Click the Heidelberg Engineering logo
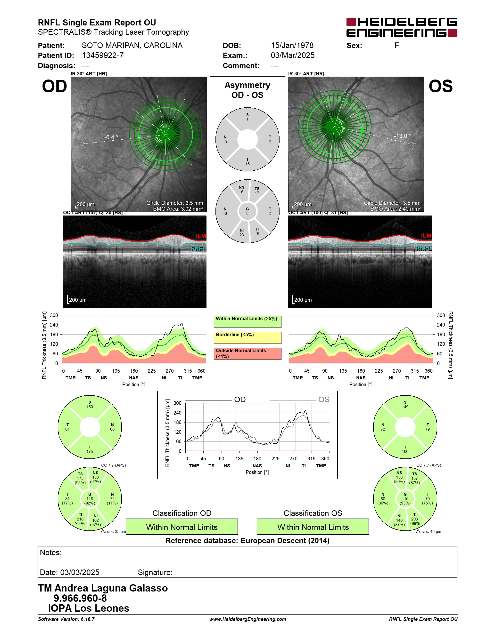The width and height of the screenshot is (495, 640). pyautogui.click(x=402, y=27)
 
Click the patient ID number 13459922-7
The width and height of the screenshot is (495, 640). pyautogui.click(x=103, y=55)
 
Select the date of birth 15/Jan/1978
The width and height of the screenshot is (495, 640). pyautogui.click(x=292, y=45)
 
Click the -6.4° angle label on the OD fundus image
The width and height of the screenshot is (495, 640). pyautogui.click(x=111, y=137)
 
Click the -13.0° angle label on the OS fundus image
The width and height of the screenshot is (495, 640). pyautogui.click(x=402, y=136)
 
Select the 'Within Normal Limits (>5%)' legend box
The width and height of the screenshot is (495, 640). pyautogui.click(x=247, y=321)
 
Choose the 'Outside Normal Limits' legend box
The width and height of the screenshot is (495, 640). pyautogui.click(x=247, y=353)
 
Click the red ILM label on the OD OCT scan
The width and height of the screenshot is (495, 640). pyautogui.click(x=201, y=236)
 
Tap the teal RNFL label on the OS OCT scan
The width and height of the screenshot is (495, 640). pyautogui.click(x=423, y=248)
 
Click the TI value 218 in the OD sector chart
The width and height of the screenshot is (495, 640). pyautogui.click(x=80, y=519)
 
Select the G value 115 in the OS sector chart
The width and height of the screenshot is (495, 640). pyautogui.click(x=405, y=499)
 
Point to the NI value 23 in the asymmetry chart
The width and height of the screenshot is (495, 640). pyautogui.click(x=241, y=235)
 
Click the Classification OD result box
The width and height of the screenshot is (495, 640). pyautogui.click(x=182, y=527)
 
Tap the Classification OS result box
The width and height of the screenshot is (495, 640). pyautogui.click(x=313, y=527)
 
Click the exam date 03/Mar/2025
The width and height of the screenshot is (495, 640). pyautogui.click(x=293, y=55)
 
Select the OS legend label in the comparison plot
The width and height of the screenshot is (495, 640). pyautogui.click(x=324, y=400)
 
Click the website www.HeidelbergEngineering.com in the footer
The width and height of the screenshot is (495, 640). pyautogui.click(x=247, y=619)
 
